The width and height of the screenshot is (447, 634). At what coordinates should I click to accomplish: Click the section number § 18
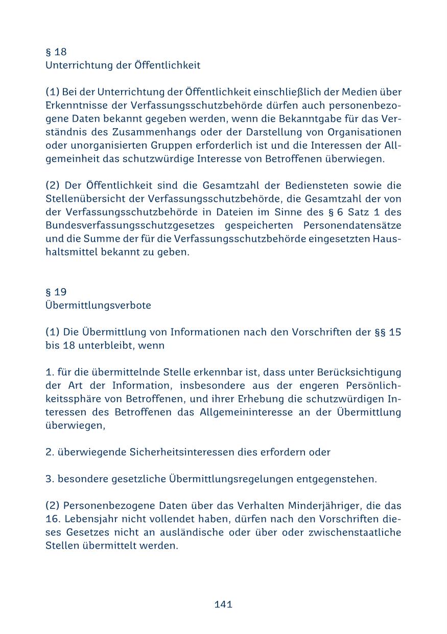pyautogui.click(x=56, y=52)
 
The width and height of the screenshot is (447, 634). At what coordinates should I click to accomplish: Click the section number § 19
pyautogui.click(x=56, y=292)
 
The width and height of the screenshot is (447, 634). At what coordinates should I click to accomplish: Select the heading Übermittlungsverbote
pyautogui.click(x=98, y=306)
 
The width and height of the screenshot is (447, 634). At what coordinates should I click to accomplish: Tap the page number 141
pyautogui.click(x=223, y=604)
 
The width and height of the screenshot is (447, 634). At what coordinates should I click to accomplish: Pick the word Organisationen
pyautogui.click(x=365, y=132)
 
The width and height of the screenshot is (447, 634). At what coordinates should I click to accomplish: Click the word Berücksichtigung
pyautogui.click(x=359, y=372)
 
